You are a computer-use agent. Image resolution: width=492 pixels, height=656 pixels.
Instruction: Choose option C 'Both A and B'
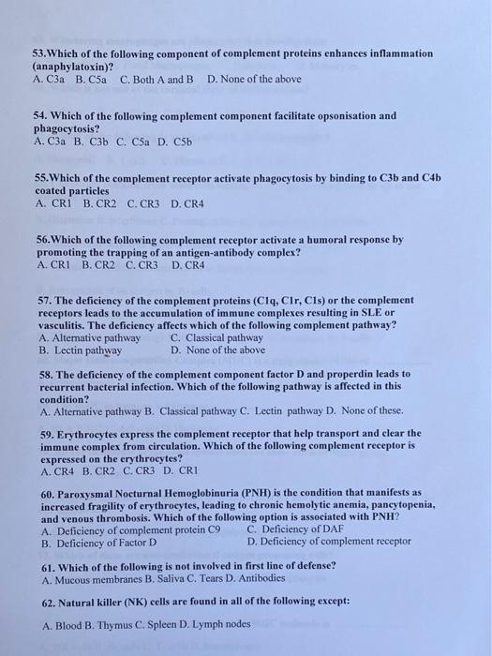point(157,79)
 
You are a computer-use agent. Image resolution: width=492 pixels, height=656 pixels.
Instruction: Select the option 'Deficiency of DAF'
point(302,529)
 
